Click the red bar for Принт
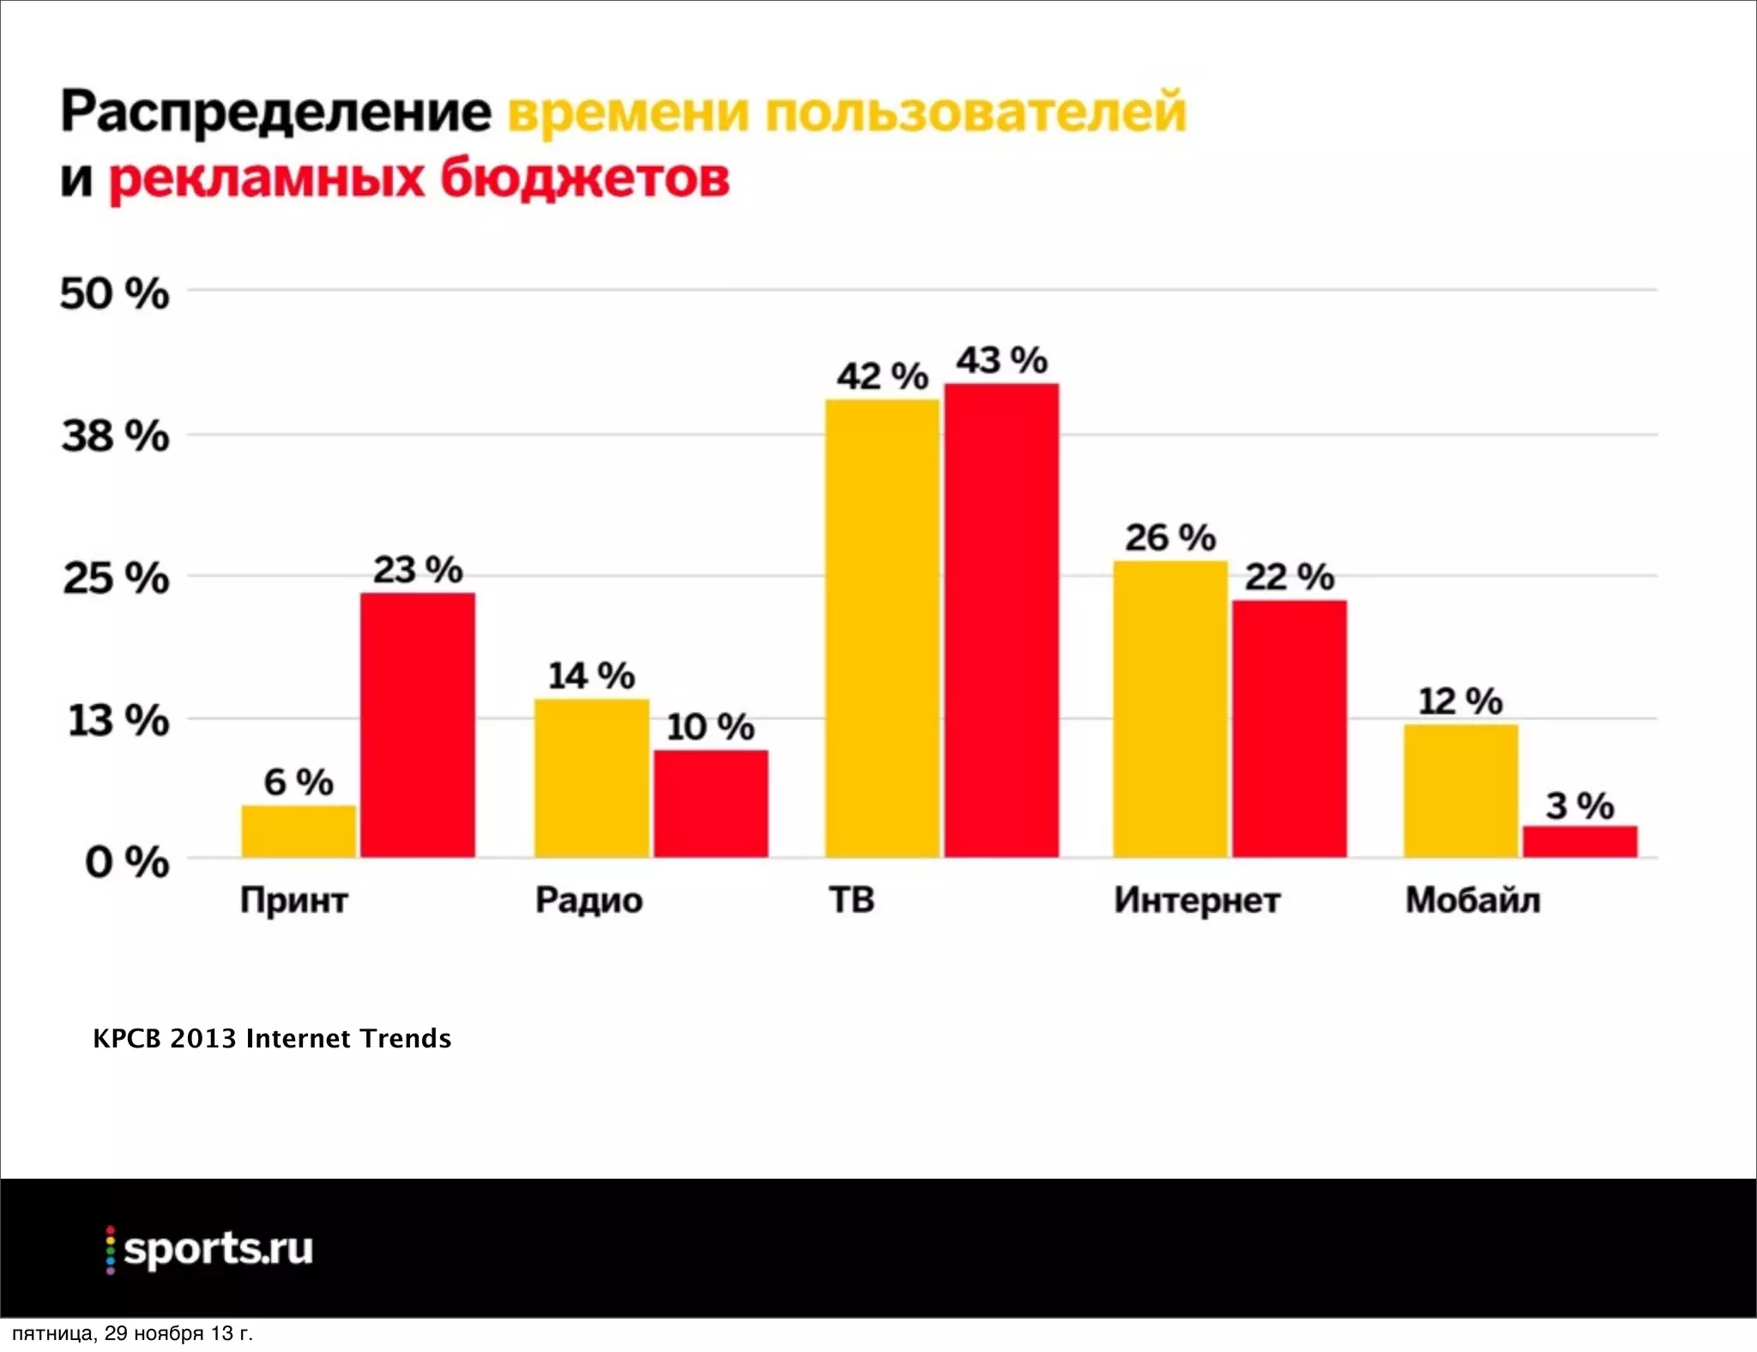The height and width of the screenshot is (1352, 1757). click(417, 725)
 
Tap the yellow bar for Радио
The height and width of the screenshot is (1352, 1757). click(592, 778)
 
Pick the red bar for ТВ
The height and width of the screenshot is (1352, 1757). click(1001, 619)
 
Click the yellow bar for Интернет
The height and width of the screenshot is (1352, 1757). click(1170, 709)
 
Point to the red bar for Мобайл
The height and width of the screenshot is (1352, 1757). click(1579, 841)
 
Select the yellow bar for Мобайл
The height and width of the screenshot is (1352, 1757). click(1460, 790)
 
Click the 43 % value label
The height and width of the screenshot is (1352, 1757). click(1001, 360)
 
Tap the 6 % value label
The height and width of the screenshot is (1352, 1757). click(298, 782)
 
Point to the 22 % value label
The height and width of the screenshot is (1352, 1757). click(1289, 577)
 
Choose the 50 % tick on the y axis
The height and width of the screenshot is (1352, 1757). click(114, 294)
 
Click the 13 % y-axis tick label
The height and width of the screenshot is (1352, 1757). click(118, 721)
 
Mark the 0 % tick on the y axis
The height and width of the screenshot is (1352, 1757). click(126, 861)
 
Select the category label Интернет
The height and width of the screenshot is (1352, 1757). click(1197, 900)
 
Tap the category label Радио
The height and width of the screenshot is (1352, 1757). click(589, 900)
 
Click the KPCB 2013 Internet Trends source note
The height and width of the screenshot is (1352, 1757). click(272, 1038)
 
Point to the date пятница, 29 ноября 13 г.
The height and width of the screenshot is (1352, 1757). click(133, 1333)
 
